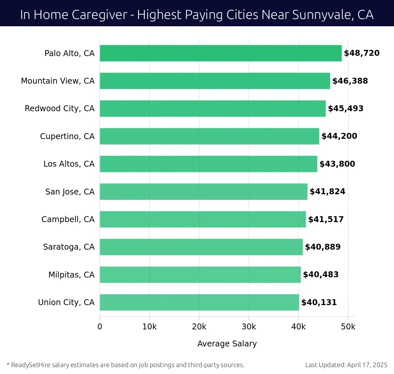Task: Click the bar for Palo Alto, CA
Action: pyautogui.click(x=221, y=53)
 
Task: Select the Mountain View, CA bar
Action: pyautogui.click(x=215, y=81)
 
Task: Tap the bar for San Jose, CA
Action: pyautogui.click(x=204, y=192)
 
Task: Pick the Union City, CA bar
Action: pyautogui.click(x=199, y=302)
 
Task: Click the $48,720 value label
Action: pyautogui.click(x=361, y=53)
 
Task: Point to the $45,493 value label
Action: pyautogui.click(x=345, y=109)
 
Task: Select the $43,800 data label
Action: pyautogui.click(x=337, y=164)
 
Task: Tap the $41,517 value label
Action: pyautogui.click(x=326, y=219)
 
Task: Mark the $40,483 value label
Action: pyautogui.click(x=320, y=275)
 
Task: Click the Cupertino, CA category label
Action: pyautogui.click(x=67, y=136)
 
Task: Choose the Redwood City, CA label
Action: pyautogui.click(x=59, y=109)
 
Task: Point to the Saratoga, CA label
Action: pyautogui.click(x=69, y=247)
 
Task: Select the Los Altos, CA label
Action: pyautogui.click(x=69, y=164)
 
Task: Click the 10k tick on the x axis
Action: pyautogui.click(x=149, y=327)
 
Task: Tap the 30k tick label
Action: pyautogui.click(x=249, y=327)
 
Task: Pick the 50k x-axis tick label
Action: pyautogui.click(x=348, y=327)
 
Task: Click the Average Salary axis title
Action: pyautogui.click(x=227, y=343)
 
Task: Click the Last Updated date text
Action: pyautogui.click(x=346, y=365)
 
